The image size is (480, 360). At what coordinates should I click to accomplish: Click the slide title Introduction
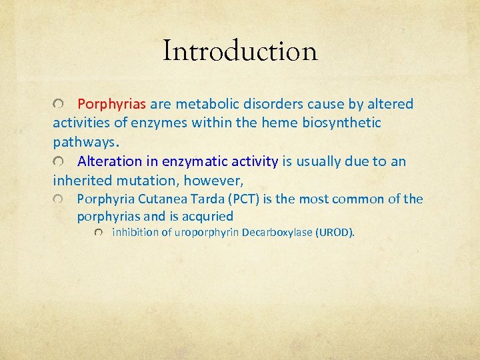tap(240, 51)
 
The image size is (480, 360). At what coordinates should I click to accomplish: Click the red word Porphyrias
tap(112, 104)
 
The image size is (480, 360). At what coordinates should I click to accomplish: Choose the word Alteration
tap(109, 161)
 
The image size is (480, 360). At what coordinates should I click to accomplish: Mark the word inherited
tap(83, 180)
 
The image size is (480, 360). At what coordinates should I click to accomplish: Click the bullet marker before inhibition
tap(99, 233)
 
